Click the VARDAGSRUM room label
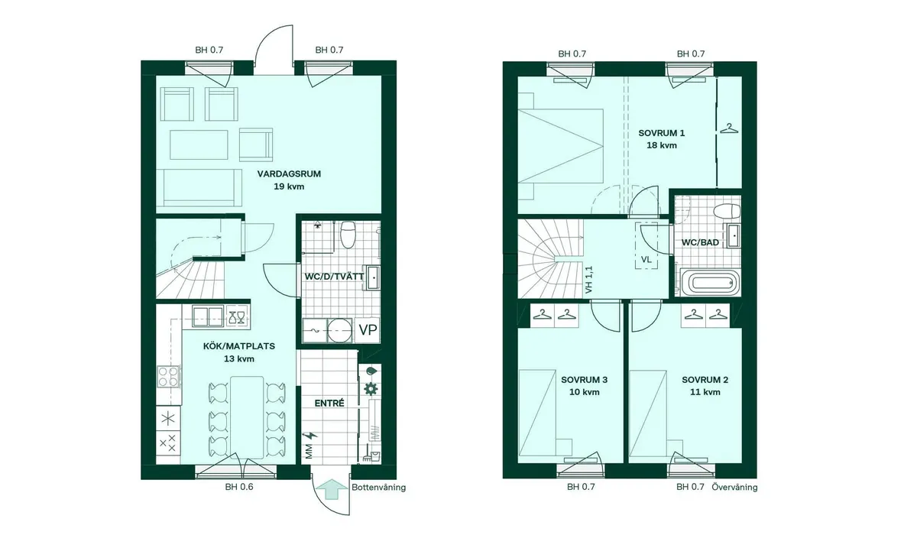coord(289,173)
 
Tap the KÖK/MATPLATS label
coord(239,346)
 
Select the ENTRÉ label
coord(329,404)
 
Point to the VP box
coord(368,329)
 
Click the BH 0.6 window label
coord(239,487)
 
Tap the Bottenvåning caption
coord(379,488)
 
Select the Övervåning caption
coord(734,487)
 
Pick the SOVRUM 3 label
coord(584,380)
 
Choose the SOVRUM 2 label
coord(705,380)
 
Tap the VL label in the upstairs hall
coord(646,260)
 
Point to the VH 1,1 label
coord(589,280)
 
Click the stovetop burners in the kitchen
coord(169,377)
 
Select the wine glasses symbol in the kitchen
coord(237,317)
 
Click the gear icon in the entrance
coord(371,388)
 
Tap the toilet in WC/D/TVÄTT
coord(348,235)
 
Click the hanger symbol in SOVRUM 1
coord(729,128)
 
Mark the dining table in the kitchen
coord(246,418)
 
